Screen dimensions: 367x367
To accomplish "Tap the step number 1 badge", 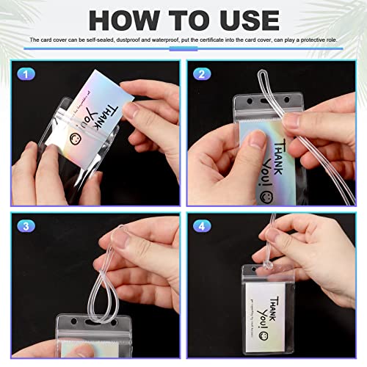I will [x=26, y=73].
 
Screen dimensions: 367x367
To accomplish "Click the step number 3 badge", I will [x=26, y=226].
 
